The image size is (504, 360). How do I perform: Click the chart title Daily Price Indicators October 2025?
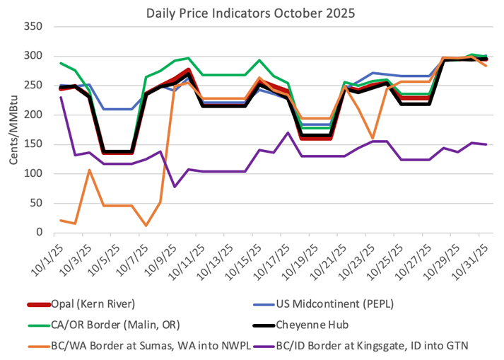coord(251,12)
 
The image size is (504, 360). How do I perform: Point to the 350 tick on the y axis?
coord(33,26)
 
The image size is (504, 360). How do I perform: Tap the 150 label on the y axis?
coord(33,144)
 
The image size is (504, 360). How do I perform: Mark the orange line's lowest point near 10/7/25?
coord(146,226)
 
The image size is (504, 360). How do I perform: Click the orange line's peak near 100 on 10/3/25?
coord(89,170)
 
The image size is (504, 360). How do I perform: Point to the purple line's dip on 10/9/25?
coord(175,187)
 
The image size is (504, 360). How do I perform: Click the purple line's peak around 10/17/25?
coord(288,132)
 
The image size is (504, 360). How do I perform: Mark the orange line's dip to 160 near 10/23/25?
coord(373,138)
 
